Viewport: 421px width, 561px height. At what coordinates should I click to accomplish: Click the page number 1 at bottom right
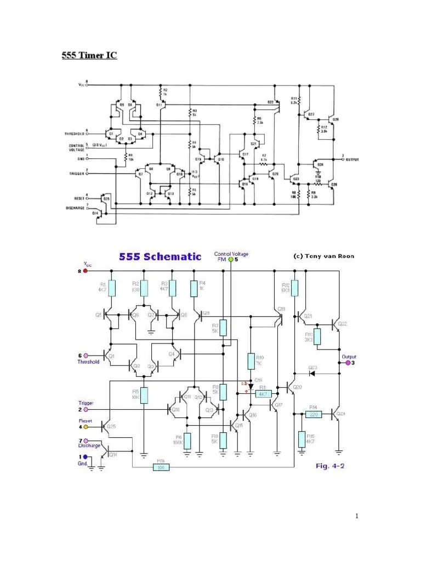356,516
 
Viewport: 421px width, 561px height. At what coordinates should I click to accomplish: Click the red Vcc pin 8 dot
85,271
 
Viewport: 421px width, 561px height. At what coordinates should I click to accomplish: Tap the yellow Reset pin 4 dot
85,426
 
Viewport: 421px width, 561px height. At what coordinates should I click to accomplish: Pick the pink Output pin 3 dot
346,363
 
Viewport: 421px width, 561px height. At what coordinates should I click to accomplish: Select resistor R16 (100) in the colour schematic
161,467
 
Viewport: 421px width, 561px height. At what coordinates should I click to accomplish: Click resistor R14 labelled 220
313,414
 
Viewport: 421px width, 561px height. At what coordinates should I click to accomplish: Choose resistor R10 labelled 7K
251,361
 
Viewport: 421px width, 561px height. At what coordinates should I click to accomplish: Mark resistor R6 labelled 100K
187,440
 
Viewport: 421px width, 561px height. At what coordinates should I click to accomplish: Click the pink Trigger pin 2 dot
85,409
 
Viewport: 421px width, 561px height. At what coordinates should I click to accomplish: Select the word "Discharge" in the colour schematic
89,446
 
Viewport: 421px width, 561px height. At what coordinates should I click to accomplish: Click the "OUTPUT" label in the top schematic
352,160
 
